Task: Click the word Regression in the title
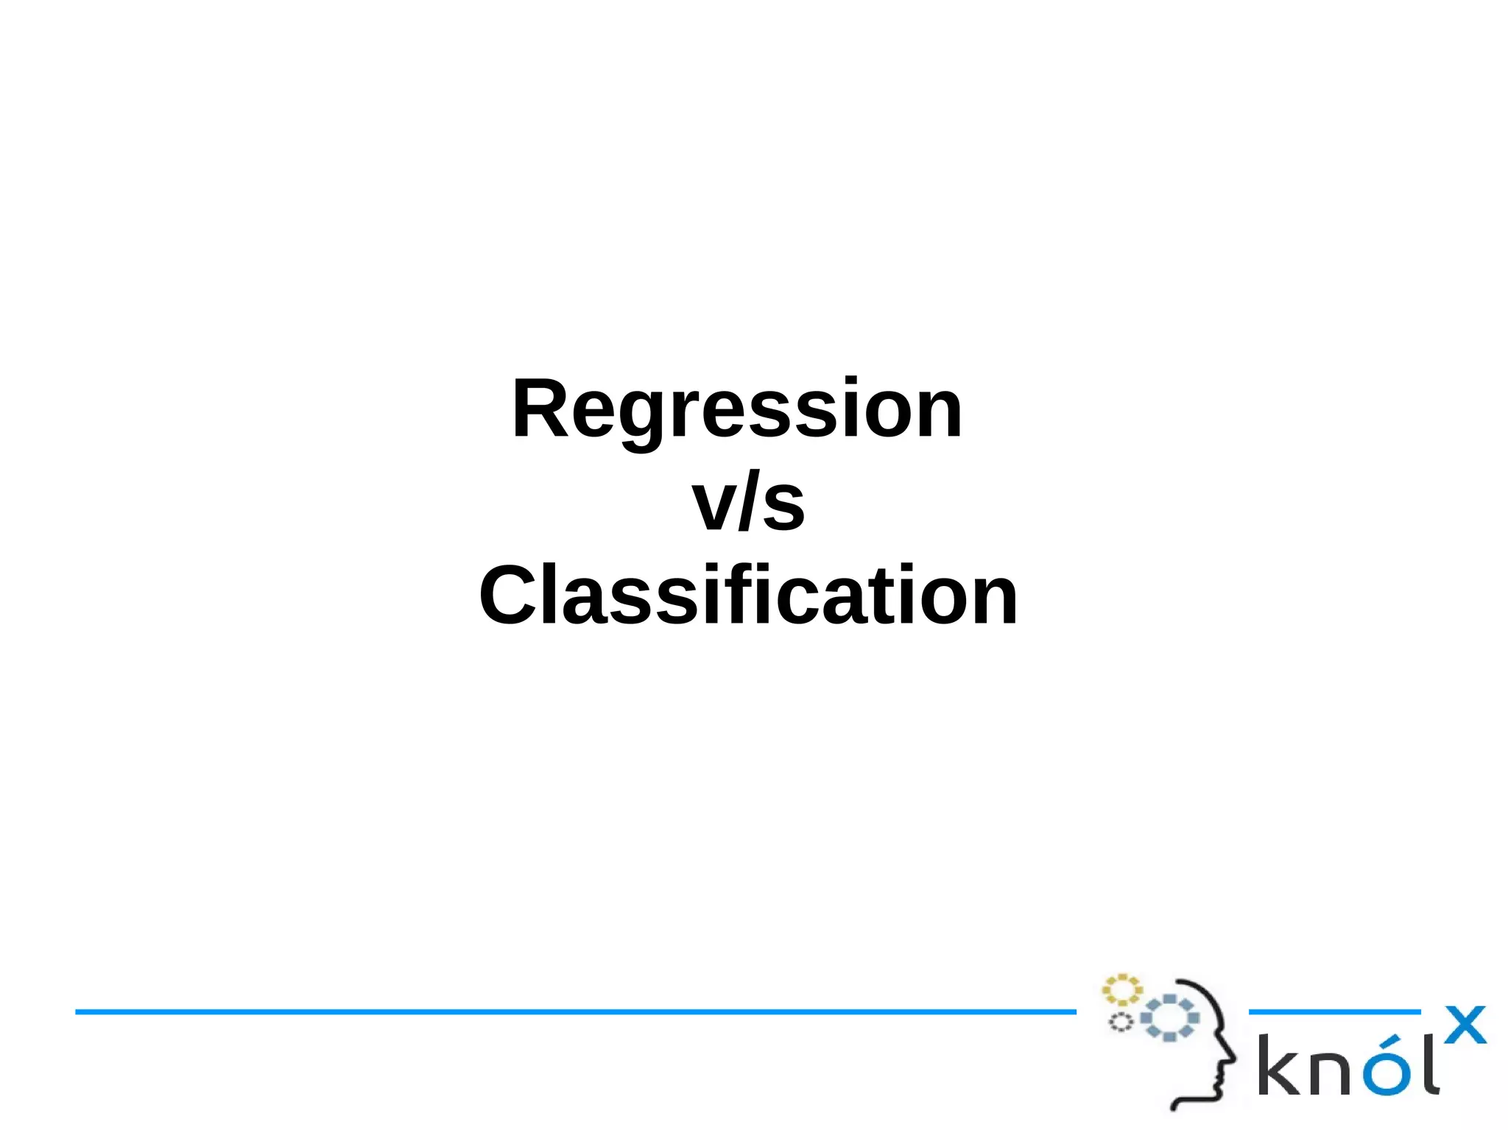737,409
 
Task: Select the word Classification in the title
748,595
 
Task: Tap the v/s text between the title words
748,504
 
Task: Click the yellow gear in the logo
1121,990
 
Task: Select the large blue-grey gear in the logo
1169,1018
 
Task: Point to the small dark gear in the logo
1121,1022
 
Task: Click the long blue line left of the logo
574,1011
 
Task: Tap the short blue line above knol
1334,1012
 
